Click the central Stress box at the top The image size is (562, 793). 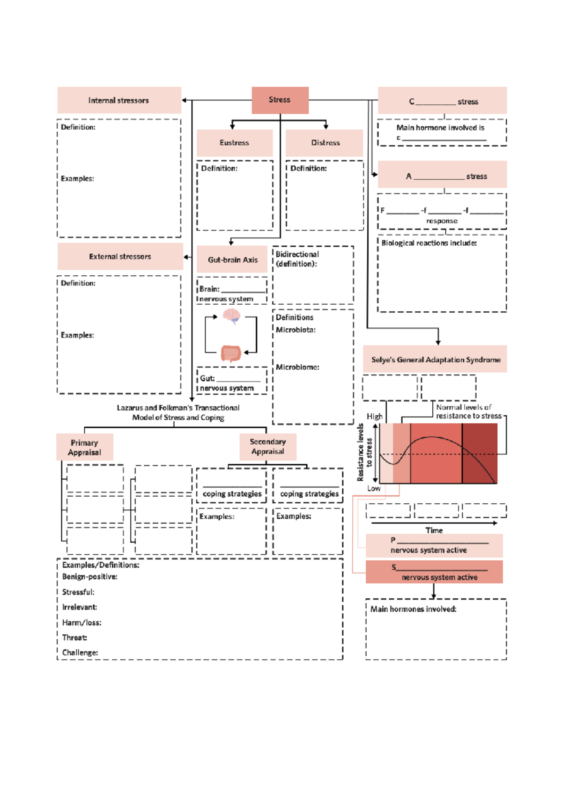(280, 100)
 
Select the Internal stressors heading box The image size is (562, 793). (119, 100)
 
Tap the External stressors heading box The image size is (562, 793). (120, 257)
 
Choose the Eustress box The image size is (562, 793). (234, 143)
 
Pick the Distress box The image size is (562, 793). (325, 143)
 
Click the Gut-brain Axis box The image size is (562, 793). (232, 260)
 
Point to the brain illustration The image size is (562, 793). (231, 316)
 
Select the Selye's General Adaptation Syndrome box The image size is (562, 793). (435, 360)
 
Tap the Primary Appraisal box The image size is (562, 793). (85, 447)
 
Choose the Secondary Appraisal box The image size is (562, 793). (267, 447)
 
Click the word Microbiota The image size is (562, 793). (295, 330)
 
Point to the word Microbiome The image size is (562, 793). (297, 367)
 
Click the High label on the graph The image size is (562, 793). (374, 416)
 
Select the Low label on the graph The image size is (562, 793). (374, 488)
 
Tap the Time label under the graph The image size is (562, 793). (434, 530)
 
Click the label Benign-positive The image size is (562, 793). (89, 577)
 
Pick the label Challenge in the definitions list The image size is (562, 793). (80, 653)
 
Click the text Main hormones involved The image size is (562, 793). (413, 609)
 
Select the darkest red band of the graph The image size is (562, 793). (479, 453)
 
